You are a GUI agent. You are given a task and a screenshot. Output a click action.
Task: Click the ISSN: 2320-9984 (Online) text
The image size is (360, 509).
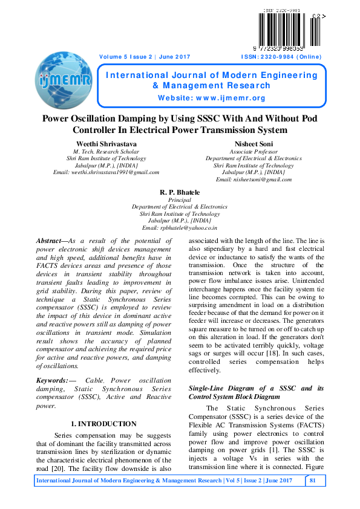pos(281,57)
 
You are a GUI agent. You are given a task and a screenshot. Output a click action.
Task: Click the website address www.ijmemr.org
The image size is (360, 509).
pos(212,98)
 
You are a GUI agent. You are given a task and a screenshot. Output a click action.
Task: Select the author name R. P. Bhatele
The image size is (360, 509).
pos(179,192)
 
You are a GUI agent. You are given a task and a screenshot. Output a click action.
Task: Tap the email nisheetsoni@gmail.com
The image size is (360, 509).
pos(254,180)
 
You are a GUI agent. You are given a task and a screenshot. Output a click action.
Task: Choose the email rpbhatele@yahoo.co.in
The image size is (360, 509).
pos(179,228)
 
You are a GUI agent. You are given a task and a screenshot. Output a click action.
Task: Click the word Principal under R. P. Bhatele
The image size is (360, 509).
pos(179,199)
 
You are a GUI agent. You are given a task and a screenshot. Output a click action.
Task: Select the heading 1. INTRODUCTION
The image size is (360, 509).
pos(103,424)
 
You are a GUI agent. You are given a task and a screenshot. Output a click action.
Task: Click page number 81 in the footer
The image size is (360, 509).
pos(313,480)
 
